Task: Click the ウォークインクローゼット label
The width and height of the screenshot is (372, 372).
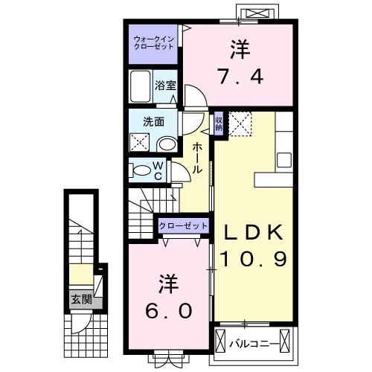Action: [153, 43]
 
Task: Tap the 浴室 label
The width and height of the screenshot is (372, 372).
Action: [165, 86]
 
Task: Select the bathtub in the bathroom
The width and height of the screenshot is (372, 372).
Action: [141, 86]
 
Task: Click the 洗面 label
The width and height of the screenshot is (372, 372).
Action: [153, 122]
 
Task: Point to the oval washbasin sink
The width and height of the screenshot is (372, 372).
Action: [167, 144]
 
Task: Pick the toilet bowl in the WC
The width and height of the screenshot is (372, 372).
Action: [141, 170]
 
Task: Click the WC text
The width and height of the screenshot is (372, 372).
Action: [158, 170]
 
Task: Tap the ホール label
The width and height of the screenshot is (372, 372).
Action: [198, 158]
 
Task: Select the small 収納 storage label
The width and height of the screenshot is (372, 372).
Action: [219, 124]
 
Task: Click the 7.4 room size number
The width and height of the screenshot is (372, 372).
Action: [240, 76]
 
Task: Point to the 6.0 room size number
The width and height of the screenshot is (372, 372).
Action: [169, 311]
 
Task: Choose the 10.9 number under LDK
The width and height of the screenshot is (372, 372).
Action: [254, 259]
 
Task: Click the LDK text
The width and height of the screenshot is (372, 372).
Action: [254, 232]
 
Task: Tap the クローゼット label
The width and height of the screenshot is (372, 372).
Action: [183, 226]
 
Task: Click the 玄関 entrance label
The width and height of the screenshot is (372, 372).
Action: [82, 299]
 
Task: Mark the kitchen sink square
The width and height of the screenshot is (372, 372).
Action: [284, 160]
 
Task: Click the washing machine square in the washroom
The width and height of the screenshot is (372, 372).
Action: [139, 142]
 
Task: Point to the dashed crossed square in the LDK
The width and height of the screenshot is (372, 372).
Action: [240, 124]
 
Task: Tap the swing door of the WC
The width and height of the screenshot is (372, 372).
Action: [181, 172]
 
